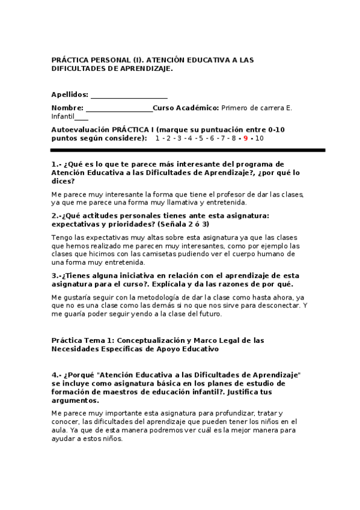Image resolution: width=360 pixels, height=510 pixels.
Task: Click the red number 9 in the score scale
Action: [x=246, y=138]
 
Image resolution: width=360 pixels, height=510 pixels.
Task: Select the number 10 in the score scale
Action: [x=259, y=138]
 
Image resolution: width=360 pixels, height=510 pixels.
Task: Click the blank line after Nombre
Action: [x=119, y=108]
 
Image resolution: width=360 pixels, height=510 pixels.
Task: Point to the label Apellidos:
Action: [x=70, y=94]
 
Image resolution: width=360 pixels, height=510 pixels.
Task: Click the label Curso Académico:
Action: [x=186, y=108]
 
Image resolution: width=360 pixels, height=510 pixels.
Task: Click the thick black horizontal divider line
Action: [x=188, y=150]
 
